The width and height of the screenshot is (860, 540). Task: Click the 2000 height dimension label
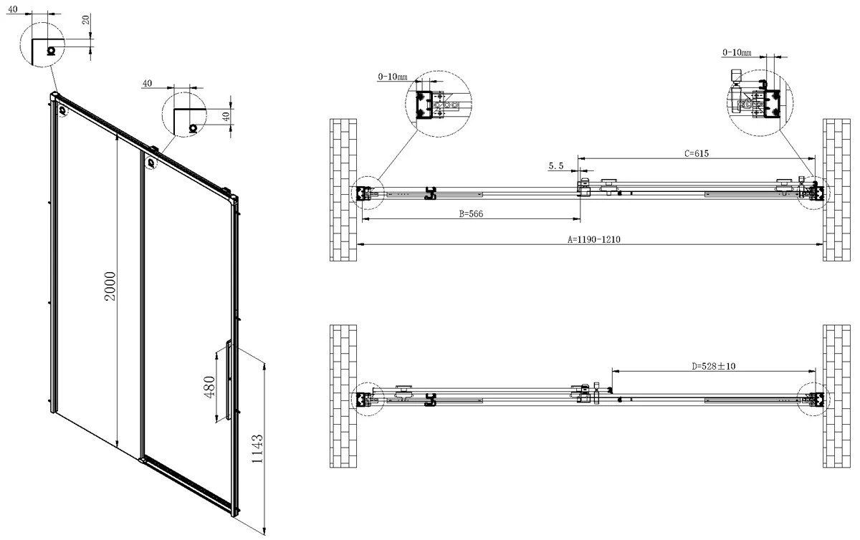(110, 286)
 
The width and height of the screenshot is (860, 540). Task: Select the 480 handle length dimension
(209, 387)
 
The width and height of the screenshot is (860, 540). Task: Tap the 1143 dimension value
(257, 448)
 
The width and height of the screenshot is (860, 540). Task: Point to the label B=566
(471, 213)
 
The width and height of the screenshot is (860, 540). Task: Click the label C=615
(697, 153)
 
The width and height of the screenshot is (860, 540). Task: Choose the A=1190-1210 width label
(594, 239)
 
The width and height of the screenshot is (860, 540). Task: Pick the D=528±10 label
(713, 366)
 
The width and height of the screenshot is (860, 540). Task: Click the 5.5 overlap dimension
(556, 166)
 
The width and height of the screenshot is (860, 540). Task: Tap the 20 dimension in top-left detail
(87, 19)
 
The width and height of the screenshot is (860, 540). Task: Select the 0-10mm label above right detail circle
(737, 52)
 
